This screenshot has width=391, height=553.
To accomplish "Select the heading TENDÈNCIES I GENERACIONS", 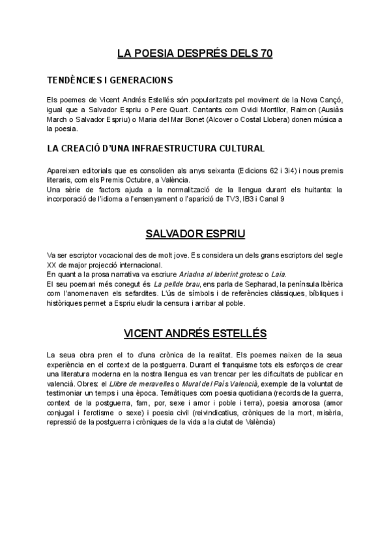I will [x=109, y=81].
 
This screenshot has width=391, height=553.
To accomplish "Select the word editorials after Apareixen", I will [x=98, y=170].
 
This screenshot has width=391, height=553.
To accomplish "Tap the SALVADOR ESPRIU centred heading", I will [x=195, y=233].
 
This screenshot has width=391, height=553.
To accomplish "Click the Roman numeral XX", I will [x=53, y=265].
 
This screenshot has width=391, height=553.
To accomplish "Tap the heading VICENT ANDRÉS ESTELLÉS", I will [x=195, y=334].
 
